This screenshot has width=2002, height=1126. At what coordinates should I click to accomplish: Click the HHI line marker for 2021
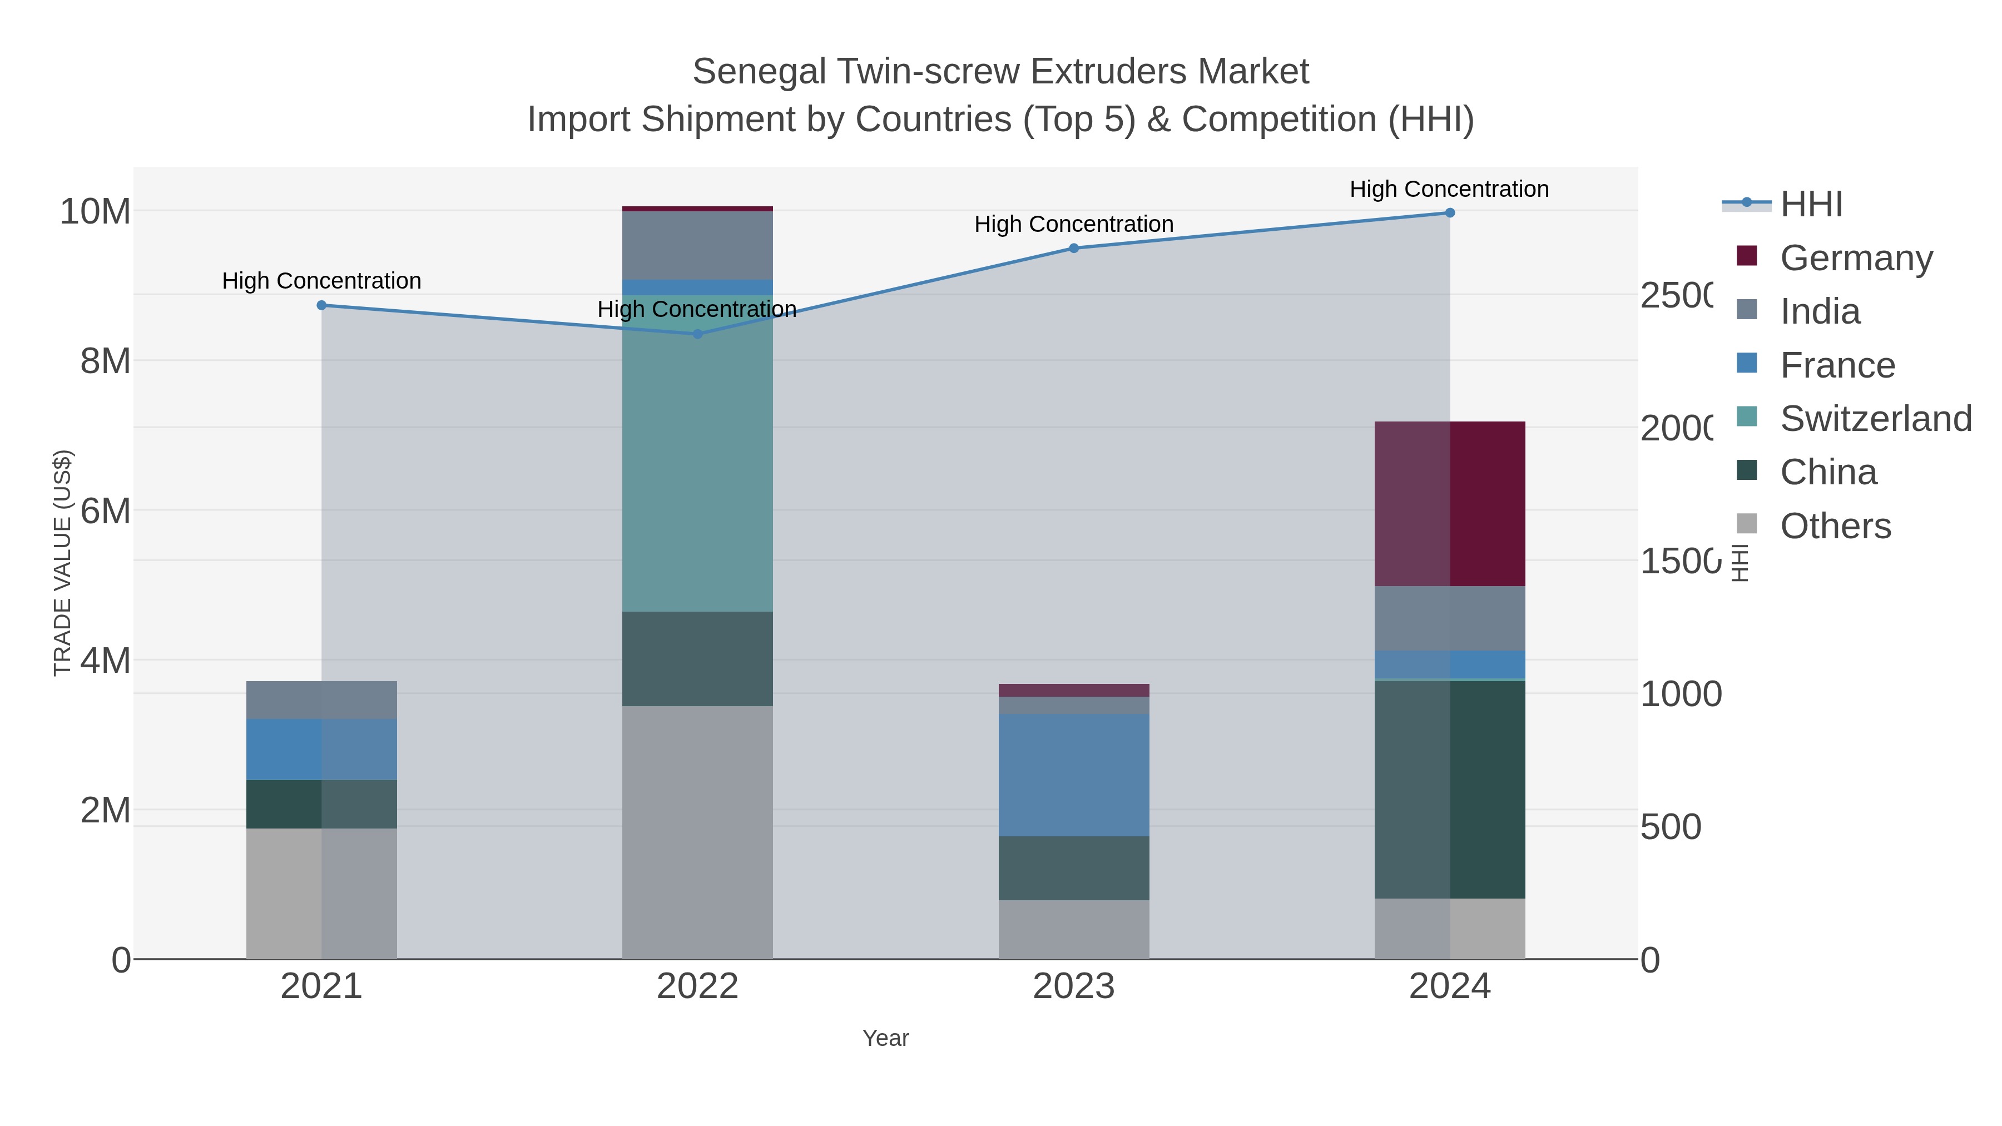tap(322, 305)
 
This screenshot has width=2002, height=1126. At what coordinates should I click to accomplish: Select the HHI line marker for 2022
tap(697, 334)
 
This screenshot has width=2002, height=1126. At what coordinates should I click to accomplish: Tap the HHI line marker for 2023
tap(1073, 249)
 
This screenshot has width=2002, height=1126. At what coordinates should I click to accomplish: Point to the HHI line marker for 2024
tap(1449, 213)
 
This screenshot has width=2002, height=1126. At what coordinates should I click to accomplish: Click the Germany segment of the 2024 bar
tap(1449, 504)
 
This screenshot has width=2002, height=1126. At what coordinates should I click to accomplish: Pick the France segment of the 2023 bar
tap(1073, 775)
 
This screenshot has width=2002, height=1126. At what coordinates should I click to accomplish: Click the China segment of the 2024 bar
tap(1449, 790)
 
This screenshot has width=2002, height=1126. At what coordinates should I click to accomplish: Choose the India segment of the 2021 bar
tap(322, 700)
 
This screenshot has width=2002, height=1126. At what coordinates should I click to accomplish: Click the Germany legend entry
tap(1856, 258)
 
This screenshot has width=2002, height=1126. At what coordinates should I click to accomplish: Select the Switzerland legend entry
tap(1875, 419)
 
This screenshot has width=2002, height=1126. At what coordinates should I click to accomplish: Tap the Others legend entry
tap(1835, 526)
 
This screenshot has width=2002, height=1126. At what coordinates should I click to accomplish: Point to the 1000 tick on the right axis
tap(1680, 695)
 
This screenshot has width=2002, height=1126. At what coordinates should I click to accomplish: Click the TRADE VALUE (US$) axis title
tap(63, 563)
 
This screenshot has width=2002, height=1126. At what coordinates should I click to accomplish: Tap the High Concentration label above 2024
tap(1449, 190)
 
